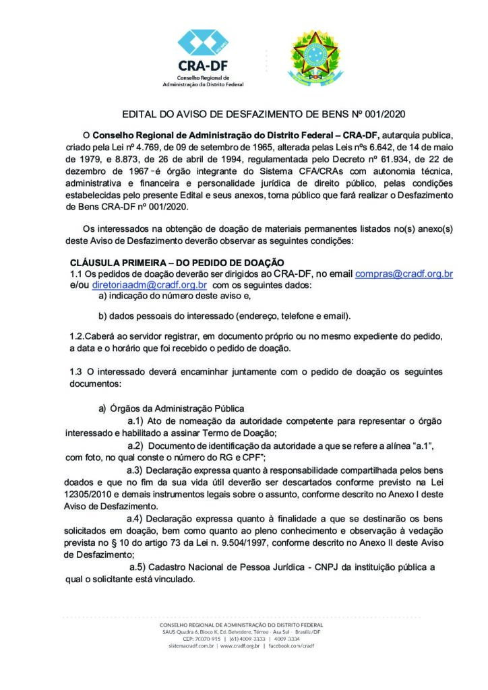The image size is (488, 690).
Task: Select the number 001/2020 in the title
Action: [383, 116]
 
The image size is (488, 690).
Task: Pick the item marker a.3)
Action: [138, 470]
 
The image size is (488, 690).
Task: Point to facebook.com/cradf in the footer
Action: [291, 646]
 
